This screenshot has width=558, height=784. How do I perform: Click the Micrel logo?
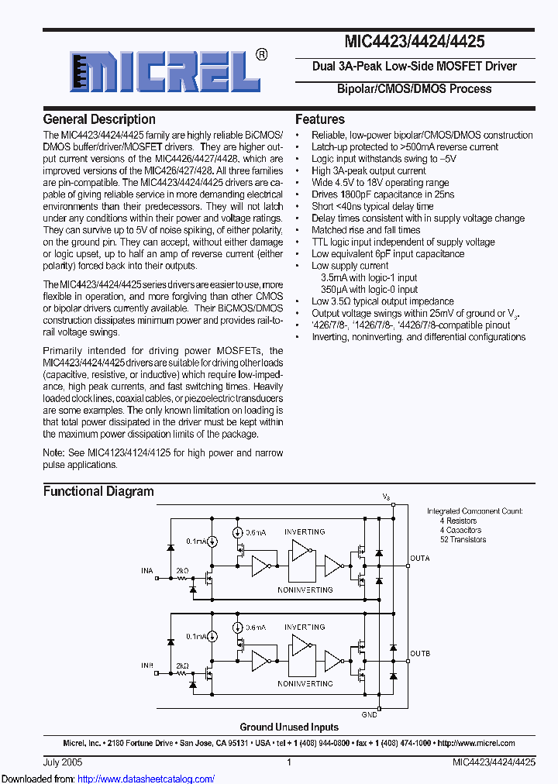point(164,73)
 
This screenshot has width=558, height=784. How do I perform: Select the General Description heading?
point(99,119)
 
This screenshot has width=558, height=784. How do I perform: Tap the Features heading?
point(320,119)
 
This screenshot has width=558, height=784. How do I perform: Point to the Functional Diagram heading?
point(98,491)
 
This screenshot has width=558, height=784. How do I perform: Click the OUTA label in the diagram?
point(419,559)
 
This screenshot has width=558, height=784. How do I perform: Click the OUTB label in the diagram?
point(419,654)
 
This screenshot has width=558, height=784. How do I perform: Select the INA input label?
point(147,570)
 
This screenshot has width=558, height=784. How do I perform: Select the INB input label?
point(147,665)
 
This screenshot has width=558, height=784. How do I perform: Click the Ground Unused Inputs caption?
point(289,727)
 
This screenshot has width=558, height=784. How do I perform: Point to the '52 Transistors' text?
point(463,539)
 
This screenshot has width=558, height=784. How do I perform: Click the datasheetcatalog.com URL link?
point(146,779)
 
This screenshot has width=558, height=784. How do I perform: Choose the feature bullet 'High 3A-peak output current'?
point(368,170)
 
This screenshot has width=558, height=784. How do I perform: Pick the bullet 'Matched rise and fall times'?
point(366,230)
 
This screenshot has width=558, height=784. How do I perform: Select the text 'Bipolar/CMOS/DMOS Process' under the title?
point(414,89)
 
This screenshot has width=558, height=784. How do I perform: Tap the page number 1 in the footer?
point(289,762)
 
